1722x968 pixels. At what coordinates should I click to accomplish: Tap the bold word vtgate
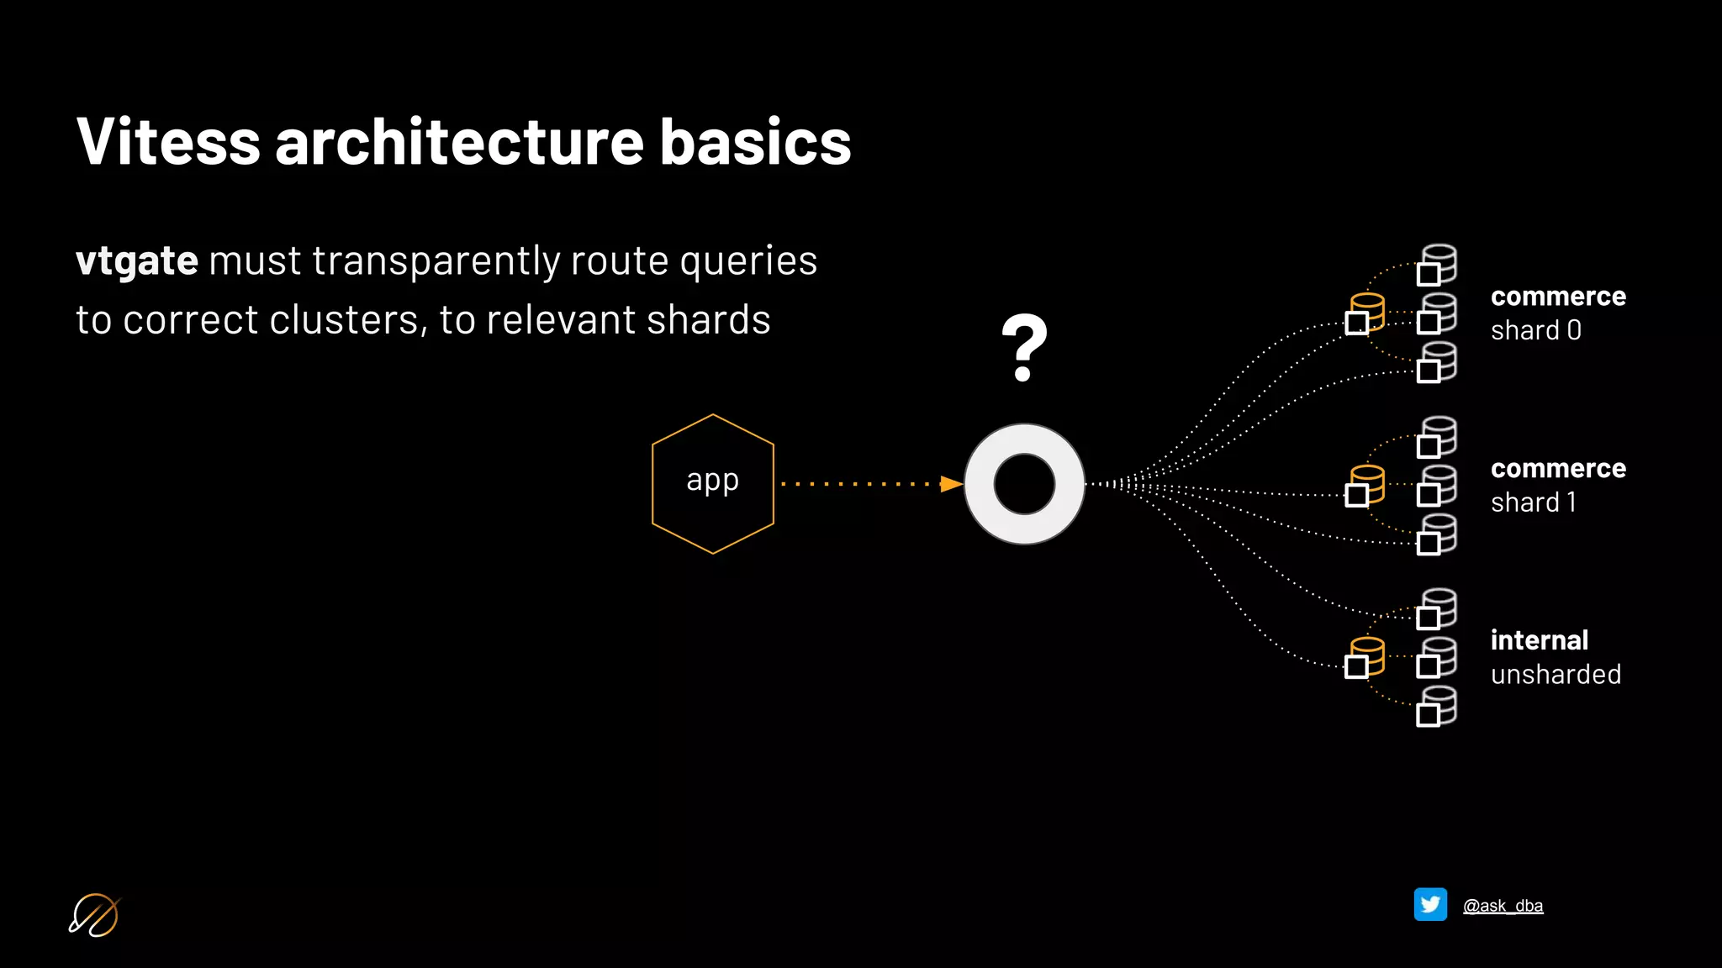(x=137, y=260)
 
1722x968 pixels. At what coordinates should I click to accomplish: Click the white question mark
(x=1024, y=348)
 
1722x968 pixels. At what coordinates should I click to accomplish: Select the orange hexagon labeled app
(x=712, y=483)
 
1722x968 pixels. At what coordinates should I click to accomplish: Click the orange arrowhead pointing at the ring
(x=951, y=484)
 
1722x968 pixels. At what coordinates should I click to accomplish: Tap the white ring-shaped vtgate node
(x=1024, y=484)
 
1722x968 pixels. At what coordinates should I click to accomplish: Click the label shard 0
(x=1535, y=330)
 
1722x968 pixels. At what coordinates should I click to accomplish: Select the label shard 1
(x=1533, y=502)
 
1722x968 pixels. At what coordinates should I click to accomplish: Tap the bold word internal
(x=1539, y=640)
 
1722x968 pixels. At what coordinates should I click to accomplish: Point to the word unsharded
(x=1556, y=674)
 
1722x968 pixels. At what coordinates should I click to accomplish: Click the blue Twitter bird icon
(x=1430, y=905)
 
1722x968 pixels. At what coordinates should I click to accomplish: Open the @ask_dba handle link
(x=1503, y=906)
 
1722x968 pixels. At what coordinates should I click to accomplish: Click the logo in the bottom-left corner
(x=94, y=914)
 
